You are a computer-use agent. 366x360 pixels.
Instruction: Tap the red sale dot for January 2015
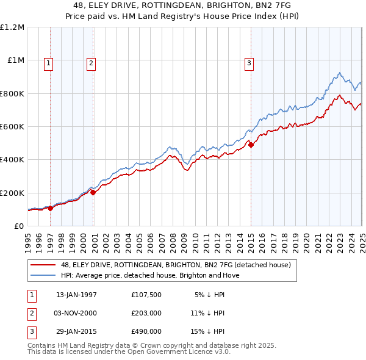tap(251, 145)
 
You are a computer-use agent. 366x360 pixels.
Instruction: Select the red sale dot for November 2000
tap(93, 192)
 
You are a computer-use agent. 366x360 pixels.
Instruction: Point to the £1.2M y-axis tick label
tap(12, 27)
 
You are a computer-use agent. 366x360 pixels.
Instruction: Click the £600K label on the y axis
tap(12, 126)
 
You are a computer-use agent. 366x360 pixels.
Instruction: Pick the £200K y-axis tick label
tap(12, 193)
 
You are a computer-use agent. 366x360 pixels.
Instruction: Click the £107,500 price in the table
tap(146, 295)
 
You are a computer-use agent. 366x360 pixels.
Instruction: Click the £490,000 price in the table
tap(146, 331)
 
